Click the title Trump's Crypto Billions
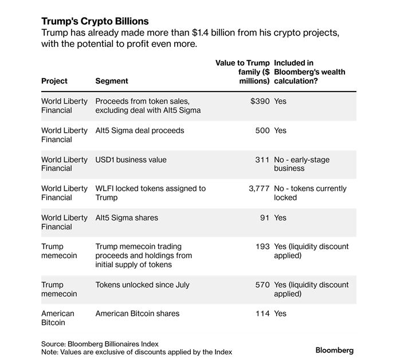[95, 22]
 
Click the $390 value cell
[260, 101]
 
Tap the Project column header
[54, 81]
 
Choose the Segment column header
[112, 81]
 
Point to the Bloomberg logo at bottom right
[335, 350]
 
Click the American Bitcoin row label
[58, 318]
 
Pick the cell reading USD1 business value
[131, 160]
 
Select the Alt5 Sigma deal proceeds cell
[140, 130]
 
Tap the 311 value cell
[262, 160]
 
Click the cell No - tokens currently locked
[310, 193]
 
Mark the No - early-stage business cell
[302, 164]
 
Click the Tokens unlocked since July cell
[142, 285]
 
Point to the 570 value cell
[262, 285]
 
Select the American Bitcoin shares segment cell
[138, 314]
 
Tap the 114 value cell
[262, 314]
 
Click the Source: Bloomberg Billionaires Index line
[100, 343]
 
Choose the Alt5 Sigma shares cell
[127, 217]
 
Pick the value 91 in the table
[264, 217]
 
